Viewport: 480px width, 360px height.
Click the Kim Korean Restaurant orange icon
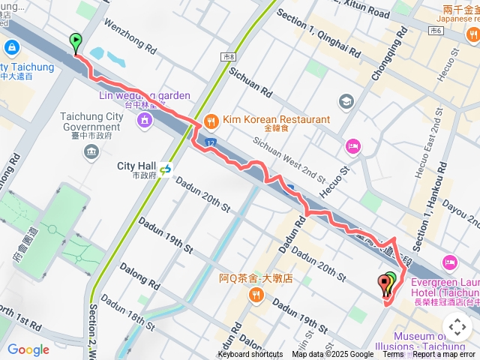tap(211, 120)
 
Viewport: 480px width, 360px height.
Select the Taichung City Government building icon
tap(91, 153)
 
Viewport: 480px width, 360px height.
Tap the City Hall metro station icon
tap(164, 169)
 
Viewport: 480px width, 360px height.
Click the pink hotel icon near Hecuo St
tap(352, 145)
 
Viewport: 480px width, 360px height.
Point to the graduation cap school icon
tap(346, 100)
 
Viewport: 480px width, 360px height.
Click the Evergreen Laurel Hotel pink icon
tap(450, 262)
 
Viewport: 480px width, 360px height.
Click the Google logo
tap(28, 349)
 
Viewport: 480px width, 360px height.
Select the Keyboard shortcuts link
tap(250, 355)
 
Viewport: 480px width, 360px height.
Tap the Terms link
tap(393, 355)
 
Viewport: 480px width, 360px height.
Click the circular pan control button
tap(457, 327)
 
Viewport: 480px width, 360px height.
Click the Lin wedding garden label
tap(144, 96)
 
